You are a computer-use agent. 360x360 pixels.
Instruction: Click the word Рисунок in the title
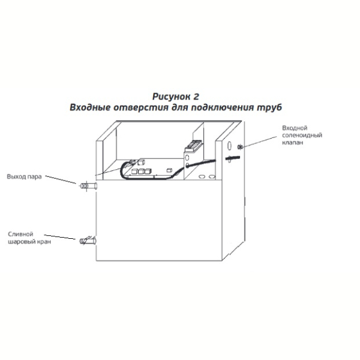click(170, 97)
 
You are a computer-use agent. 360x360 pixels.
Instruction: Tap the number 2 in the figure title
click(196, 97)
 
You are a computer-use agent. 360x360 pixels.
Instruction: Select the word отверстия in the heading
click(141, 107)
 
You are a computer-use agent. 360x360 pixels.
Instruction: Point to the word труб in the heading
click(269, 107)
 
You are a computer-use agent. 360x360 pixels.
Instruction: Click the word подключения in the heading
click(222, 107)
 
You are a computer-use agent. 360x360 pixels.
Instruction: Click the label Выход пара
click(24, 177)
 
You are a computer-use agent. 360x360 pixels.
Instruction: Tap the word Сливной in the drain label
click(20, 234)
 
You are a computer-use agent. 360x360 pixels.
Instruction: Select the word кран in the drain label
click(44, 242)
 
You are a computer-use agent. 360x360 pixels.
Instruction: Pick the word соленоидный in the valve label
click(302, 135)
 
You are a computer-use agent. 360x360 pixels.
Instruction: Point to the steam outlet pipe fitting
click(88, 185)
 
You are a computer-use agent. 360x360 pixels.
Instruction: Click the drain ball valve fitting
click(88, 241)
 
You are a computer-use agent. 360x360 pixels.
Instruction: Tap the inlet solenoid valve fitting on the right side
click(240, 147)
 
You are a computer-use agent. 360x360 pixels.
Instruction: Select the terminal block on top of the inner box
click(194, 146)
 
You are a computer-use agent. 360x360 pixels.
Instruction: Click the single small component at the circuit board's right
click(169, 170)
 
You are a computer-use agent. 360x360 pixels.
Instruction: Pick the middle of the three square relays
click(142, 171)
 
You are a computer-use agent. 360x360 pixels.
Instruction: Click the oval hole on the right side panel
click(229, 146)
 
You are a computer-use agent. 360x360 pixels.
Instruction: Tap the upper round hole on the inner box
click(187, 157)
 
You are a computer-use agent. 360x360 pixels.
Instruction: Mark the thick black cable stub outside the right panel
click(233, 158)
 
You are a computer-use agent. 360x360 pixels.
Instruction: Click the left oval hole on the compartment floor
click(202, 177)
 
